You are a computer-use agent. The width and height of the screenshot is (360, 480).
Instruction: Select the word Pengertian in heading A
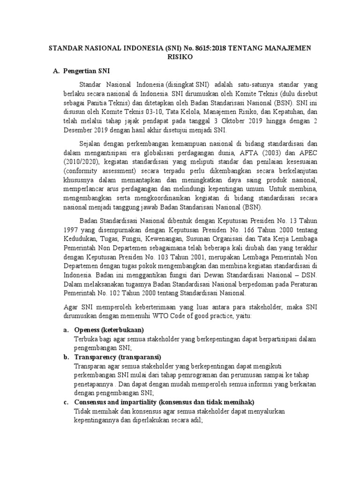click(x=77, y=71)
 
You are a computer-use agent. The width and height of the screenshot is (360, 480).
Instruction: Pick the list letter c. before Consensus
click(x=66, y=402)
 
